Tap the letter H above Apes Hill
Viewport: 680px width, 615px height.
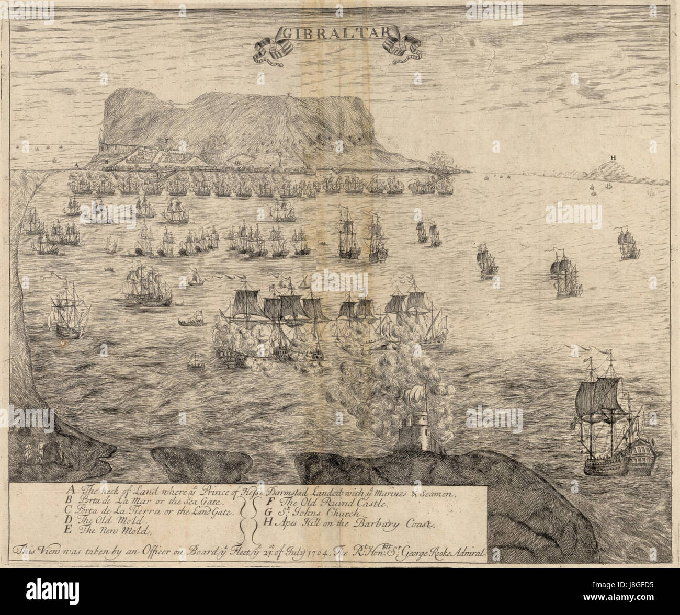(x=613, y=157)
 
